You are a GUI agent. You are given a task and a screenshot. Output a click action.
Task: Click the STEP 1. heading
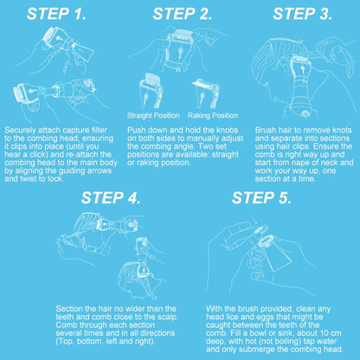pos(56,14)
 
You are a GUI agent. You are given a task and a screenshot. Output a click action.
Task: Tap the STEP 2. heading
pos(183,14)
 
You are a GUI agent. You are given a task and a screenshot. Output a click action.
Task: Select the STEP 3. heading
pos(303,14)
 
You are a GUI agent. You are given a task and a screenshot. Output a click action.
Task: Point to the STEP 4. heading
pos(111,198)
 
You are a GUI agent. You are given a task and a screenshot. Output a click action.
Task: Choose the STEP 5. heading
pos(261,198)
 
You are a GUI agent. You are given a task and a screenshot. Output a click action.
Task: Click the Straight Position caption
pos(153,116)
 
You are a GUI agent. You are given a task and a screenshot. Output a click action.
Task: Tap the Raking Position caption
pos(213,116)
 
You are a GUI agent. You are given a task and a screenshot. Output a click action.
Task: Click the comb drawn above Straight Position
pos(151,90)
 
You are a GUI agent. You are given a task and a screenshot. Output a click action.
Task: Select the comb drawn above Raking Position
pos(206,93)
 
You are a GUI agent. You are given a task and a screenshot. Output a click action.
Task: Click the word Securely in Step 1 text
pos(20,131)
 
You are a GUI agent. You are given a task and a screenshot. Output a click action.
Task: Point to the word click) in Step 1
pos(38,155)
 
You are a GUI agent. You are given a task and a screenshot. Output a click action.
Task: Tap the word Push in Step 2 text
pos(136,130)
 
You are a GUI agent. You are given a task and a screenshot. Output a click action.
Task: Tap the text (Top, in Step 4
pos(65,342)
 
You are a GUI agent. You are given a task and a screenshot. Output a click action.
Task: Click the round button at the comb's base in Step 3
pos(305,114)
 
